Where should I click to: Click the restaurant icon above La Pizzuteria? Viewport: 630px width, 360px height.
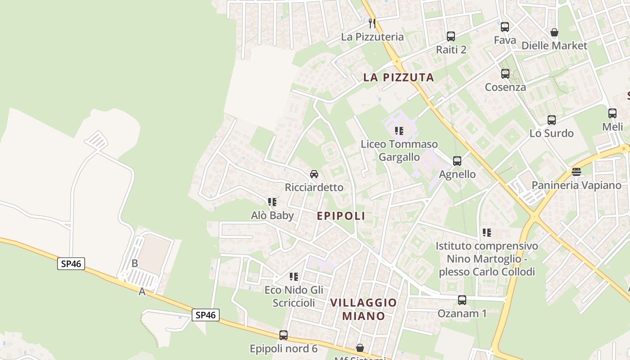click(x=372, y=23)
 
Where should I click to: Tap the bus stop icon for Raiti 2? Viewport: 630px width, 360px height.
click(x=451, y=36)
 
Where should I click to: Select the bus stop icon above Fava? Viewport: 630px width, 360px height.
click(x=505, y=27)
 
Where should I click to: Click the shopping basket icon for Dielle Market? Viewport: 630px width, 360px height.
click(x=554, y=32)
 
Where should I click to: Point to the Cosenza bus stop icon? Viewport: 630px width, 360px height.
click(x=505, y=74)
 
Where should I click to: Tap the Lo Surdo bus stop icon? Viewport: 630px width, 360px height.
click(x=552, y=120)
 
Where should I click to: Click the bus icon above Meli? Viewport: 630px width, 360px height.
click(x=612, y=113)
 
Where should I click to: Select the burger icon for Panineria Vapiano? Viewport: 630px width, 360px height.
click(x=576, y=172)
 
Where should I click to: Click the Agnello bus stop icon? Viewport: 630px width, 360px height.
click(x=457, y=161)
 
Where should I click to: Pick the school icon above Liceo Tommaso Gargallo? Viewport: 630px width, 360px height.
click(x=399, y=131)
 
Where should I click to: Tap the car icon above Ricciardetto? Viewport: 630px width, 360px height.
click(x=314, y=174)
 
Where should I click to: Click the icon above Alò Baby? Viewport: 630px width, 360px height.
click(x=272, y=202)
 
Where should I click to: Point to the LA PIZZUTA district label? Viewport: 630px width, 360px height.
click(x=399, y=77)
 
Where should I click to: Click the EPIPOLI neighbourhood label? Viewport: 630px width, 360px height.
click(x=341, y=216)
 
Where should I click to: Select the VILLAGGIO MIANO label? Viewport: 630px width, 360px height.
click(x=364, y=309)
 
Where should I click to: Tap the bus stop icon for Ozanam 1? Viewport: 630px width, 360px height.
click(x=462, y=300)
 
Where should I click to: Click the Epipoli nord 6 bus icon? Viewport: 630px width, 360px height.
click(x=283, y=335)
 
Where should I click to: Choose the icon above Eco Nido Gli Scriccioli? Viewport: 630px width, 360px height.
click(x=294, y=277)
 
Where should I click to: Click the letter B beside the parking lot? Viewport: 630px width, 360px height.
click(x=135, y=264)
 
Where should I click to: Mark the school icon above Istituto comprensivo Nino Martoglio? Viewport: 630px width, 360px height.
click(x=487, y=233)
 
